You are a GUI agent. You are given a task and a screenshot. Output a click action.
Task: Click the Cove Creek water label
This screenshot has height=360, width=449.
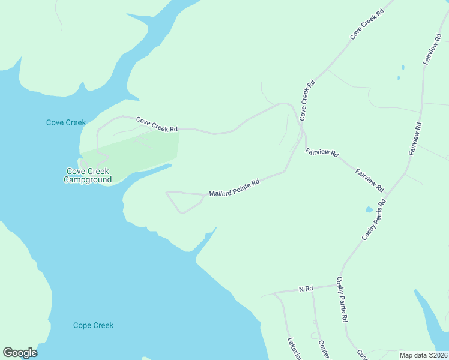(x=66, y=122)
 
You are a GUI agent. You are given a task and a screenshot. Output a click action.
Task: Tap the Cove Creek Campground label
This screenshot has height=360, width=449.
(x=88, y=175)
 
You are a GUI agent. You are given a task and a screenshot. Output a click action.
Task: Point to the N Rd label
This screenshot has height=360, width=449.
(x=306, y=289)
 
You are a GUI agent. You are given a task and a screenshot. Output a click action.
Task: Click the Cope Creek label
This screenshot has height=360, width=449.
(x=93, y=325)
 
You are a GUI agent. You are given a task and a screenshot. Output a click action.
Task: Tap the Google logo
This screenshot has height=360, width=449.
(x=20, y=353)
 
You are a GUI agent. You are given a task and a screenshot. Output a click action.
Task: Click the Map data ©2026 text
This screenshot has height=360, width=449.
(x=423, y=355)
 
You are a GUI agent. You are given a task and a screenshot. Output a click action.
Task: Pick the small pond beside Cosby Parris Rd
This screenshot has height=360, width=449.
(x=368, y=210)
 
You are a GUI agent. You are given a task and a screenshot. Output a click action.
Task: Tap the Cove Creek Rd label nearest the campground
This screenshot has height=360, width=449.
(x=157, y=124)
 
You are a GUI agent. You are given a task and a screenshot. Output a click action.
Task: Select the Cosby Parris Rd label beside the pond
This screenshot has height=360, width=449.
(x=373, y=220)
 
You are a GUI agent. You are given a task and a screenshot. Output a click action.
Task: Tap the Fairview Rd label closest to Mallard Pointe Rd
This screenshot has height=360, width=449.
(x=322, y=153)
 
